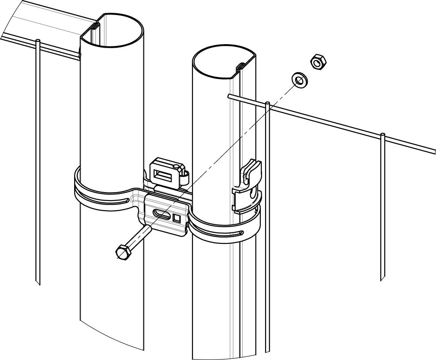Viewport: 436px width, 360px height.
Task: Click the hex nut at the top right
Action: click(x=318, y=62)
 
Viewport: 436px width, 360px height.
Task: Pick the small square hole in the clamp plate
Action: click(x=177, y=217)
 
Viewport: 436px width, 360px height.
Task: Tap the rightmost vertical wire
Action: click(x=382, y=208)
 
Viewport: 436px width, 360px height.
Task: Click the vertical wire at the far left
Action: click(x=38, y=163)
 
